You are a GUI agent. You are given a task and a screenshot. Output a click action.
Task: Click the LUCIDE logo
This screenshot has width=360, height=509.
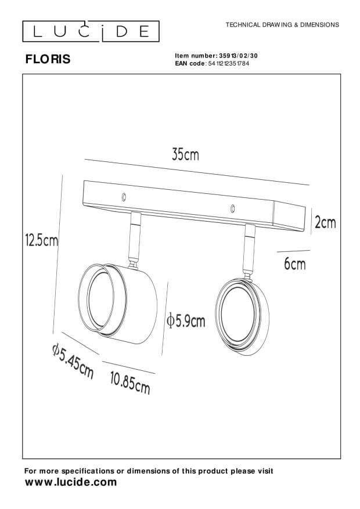[91, 31]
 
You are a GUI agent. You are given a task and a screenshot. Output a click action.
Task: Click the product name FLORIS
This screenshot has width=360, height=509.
[48, 59]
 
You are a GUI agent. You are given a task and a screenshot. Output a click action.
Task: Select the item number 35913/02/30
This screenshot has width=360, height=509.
[238, 56]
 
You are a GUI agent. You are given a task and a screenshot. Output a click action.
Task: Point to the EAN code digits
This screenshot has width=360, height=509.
[229, 64]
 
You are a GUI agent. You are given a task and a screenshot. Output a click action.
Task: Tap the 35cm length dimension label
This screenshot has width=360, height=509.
[185, 154]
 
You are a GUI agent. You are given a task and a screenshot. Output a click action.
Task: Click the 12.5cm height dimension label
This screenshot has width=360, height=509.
[42, 240]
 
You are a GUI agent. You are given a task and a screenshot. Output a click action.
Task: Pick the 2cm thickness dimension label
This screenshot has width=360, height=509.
[325, 223]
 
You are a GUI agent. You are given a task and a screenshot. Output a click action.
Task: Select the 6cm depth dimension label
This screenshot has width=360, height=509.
[295, 263]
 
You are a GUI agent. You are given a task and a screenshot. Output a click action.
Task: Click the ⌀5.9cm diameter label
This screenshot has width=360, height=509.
[186, 321]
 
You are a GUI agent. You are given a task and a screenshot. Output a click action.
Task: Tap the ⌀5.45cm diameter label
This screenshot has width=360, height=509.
[73, 362]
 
